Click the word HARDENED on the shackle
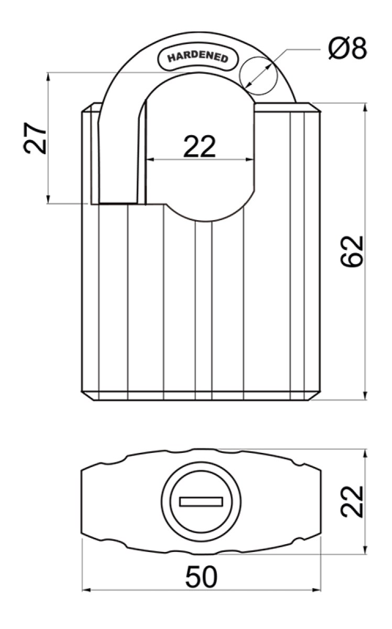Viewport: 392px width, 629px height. pos(198,57)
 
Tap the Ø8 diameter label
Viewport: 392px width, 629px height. pos(347,48)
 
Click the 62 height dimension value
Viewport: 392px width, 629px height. pos(352,251)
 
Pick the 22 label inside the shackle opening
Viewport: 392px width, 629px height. pos(199,146)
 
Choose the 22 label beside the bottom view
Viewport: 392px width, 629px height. pos(352,502)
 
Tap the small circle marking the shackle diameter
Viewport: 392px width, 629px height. pos(258,75)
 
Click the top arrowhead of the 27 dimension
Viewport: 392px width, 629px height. pos(48,77)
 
